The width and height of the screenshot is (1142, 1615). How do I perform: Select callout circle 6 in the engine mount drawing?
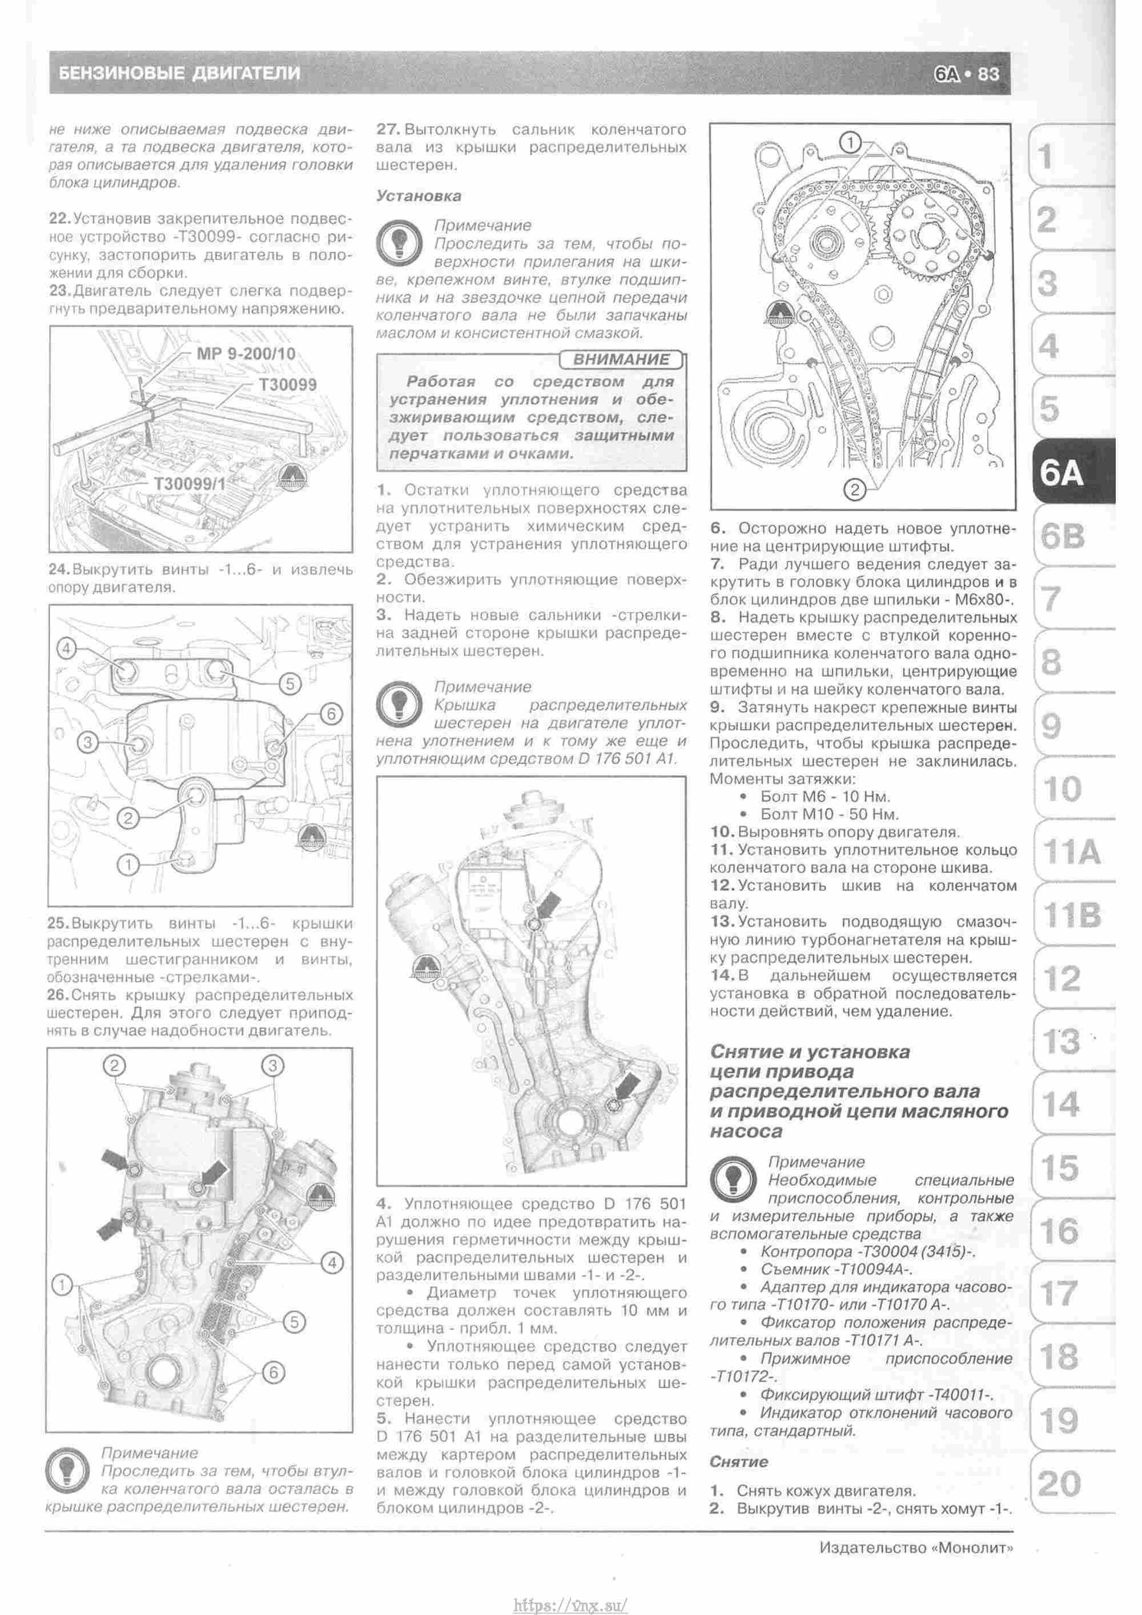[x=331, y=714]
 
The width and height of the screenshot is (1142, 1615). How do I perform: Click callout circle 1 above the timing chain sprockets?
[x=850, y=143]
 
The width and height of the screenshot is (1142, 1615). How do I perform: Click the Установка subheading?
[x=419, y=195]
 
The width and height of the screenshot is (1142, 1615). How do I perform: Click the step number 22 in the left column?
[x=59, y=219]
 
